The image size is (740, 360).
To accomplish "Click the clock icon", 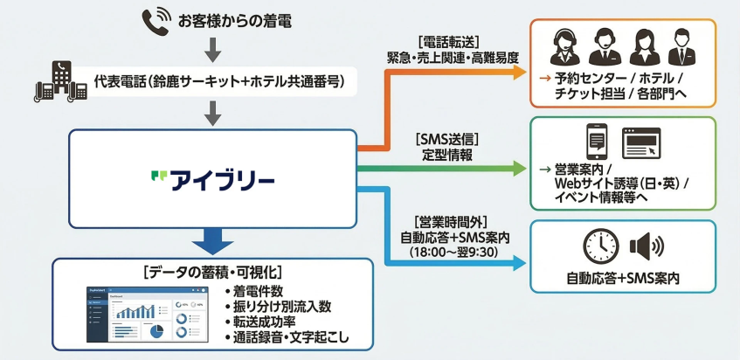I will tap(600, 246).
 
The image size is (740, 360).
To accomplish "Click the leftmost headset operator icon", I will tap(561, 48).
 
